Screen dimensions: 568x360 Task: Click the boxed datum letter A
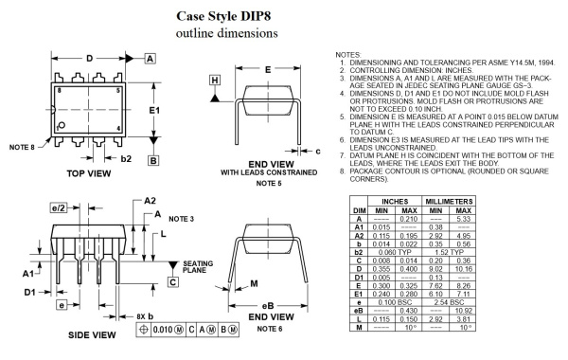150,59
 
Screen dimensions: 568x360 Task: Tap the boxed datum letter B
153,160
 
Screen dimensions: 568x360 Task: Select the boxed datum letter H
215,81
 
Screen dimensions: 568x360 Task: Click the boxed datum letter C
173,282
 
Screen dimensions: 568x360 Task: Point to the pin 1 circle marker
62,125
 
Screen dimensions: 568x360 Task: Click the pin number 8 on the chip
59,90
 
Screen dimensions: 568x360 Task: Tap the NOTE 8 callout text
22,147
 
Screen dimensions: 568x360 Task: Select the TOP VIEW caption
89,173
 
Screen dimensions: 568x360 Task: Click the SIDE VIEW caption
92,334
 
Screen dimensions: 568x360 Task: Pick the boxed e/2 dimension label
59,207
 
